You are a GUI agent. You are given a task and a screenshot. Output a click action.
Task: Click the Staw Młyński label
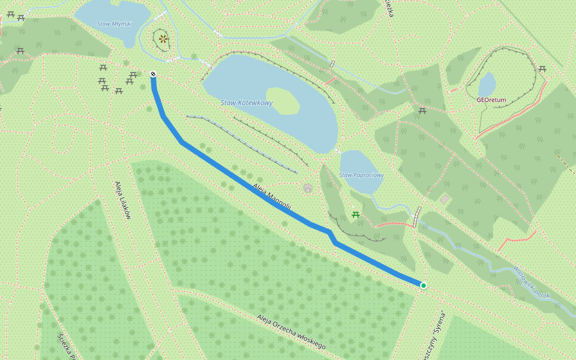114,24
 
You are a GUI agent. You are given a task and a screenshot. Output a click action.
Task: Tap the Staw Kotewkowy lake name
247,103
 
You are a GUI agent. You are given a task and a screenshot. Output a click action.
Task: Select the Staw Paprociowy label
361,175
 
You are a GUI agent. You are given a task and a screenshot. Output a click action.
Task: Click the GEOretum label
491,100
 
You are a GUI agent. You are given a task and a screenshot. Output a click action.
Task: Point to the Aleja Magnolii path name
272,197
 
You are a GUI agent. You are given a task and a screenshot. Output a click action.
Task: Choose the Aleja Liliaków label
122,200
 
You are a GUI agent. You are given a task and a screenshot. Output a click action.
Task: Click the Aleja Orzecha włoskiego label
291,332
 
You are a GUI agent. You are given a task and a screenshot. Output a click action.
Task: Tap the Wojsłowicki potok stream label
532,283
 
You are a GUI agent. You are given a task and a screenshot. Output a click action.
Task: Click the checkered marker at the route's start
153,74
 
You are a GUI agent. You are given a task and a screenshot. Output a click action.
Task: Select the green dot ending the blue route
423,286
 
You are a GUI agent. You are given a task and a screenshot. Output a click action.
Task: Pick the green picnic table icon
356,214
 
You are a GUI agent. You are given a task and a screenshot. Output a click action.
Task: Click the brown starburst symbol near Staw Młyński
163,40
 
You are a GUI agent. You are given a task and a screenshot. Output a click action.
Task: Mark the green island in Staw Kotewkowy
282,101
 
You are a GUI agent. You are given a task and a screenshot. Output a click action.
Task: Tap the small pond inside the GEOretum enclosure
487,84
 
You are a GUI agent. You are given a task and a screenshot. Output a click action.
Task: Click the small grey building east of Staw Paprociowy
445,199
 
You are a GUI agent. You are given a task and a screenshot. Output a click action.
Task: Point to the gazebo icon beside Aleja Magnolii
308,188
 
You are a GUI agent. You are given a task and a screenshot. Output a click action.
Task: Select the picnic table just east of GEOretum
542,69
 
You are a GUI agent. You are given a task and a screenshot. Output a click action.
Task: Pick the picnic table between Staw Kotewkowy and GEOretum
422,110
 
